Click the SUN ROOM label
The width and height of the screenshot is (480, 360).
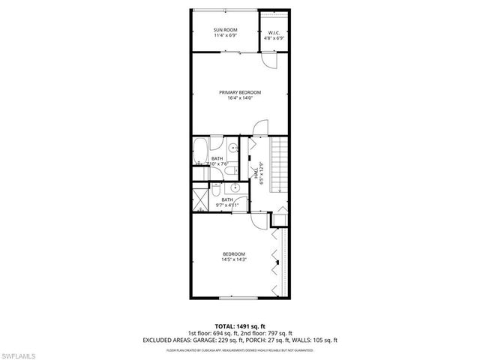click(x=225, y=29)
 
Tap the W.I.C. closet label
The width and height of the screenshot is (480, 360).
click(x=274, y=32)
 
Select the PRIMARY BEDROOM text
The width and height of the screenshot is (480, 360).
click(x=239, y=91)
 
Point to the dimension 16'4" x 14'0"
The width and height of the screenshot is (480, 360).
click(x=239, y=97)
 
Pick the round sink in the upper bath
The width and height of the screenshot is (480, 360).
click(x=234, y=147)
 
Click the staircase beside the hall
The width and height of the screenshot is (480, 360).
click(x=280, y=165)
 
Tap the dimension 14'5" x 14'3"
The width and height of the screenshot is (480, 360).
click(x=233, y=259)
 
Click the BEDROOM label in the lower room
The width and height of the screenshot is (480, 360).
click(x=233, y=253)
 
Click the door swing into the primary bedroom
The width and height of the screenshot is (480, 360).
click(x=258, y=128)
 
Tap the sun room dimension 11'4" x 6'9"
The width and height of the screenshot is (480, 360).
click(x=225, y=35)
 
